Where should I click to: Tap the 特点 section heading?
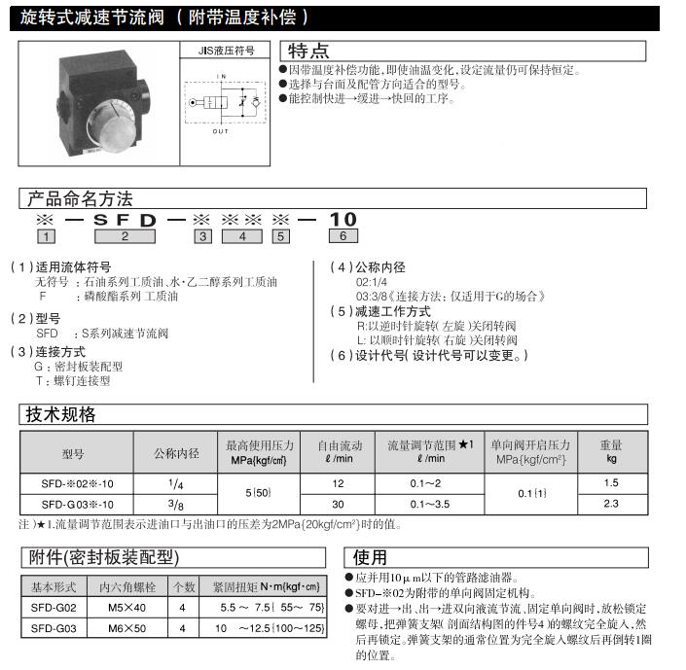(308, 51)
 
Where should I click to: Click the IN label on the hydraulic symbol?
(221, 76)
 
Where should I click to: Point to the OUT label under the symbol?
(221, 132)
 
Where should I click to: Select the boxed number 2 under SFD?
(124, 236)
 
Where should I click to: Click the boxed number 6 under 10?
(343, 236)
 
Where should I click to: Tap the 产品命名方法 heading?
(77, 199)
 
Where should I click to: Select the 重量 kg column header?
(611, 451)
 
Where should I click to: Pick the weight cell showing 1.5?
(611, 484)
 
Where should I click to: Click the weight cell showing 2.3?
(611, 504)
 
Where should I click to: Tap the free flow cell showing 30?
(338, 504)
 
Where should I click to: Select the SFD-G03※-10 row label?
(77, 504)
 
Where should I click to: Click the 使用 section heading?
(370, 557)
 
